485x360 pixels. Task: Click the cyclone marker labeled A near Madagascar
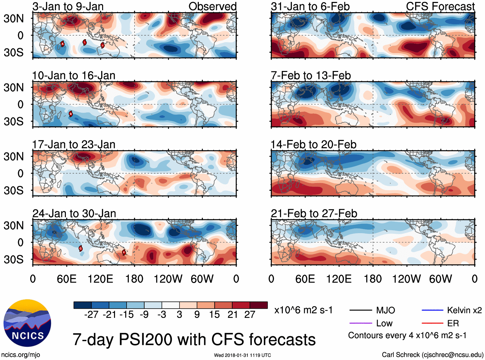pos(63,44)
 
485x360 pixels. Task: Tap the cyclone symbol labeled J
pos(102,45)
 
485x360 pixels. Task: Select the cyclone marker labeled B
pos(71,114)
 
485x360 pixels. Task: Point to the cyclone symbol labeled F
pos(124,252)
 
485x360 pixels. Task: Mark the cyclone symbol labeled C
pos(80,248)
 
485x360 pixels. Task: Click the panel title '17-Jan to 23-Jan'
pos(74,145)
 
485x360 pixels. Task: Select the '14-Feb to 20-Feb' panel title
pos(313,145)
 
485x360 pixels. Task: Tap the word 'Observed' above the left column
pos(212,6)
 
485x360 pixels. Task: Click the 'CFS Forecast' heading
pos(440,6)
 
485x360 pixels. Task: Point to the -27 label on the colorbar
pos(91,314)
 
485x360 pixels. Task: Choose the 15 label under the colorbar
pos(214,314)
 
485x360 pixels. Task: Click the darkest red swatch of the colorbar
pos(259,305)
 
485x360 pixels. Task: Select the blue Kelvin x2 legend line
pos(432,310)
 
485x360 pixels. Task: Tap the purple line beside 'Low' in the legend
pos(360,323)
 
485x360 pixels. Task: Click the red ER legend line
pos(432,323)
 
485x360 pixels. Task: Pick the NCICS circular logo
pos(27,323)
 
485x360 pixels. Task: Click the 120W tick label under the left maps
pos(168,279)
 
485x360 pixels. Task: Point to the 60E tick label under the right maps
pos(305,279)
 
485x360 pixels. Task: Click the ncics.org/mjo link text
pos(21,355)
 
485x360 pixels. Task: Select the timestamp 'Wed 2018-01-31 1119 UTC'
pos(242,355)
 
